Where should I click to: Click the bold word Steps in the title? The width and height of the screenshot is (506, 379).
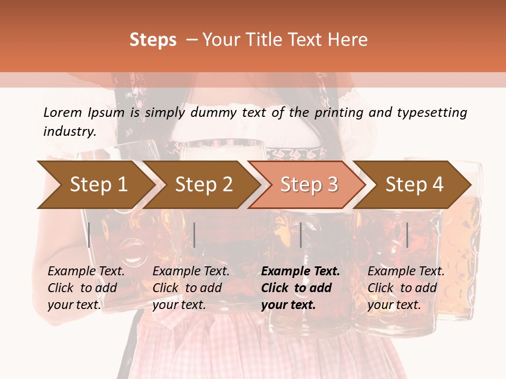(x=153, y=40)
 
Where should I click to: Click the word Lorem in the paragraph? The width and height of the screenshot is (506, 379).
(x=63, y=112)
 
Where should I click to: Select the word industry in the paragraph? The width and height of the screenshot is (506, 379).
(x=70, y=131)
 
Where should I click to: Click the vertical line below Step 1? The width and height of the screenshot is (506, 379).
(x=89, y=235)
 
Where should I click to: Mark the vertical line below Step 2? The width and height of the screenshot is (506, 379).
(x=194, y=235)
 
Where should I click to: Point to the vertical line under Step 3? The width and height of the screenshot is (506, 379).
(x=300, y=235)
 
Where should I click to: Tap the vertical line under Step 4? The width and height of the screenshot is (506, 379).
(x=407, y=235)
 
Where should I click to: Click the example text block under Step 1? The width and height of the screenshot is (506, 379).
(x=86, y=288)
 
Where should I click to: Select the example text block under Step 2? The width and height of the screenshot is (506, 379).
(x=191, y=288)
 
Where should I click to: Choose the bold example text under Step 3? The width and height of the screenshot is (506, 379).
(x=300, y=288)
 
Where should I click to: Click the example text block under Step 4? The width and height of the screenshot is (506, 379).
(x=406, y=288)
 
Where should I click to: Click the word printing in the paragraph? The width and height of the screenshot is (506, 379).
(x=335, y=112)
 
